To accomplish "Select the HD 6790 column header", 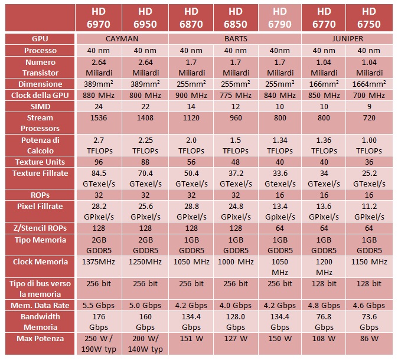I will (x=279, y=18).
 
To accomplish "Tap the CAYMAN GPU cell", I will (x=122, y=38).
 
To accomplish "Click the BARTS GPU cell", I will (x=234, y=38).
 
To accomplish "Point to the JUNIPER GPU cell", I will (x=347, y=38).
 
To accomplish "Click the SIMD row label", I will (x=41, y=107).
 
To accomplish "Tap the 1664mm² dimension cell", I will (x=369, y=84).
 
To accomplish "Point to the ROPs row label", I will (x=41, y=194).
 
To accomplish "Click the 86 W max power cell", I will (x=369, y=339).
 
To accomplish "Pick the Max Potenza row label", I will (x=41, y=339).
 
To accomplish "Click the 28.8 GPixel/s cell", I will (x=190, y=211).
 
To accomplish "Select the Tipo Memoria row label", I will (x=41, y=240).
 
